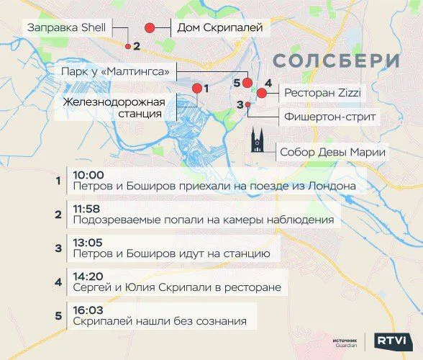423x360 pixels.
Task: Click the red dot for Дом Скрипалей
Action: coord(150,28)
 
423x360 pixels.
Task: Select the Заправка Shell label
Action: coord(66,27)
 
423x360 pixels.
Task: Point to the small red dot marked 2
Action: coord(128,46)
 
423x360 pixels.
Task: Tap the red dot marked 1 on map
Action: coord(196,88)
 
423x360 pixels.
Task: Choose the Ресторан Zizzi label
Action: coord(321,93)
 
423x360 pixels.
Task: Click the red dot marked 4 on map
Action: coord(262,94)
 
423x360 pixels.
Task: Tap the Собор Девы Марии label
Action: coord(332,151)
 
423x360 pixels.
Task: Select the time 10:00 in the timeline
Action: coord(88,174)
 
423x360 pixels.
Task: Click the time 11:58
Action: coord(88,208)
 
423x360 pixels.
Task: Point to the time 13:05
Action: coord(88,242)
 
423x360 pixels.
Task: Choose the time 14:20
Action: coord(88,276)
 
